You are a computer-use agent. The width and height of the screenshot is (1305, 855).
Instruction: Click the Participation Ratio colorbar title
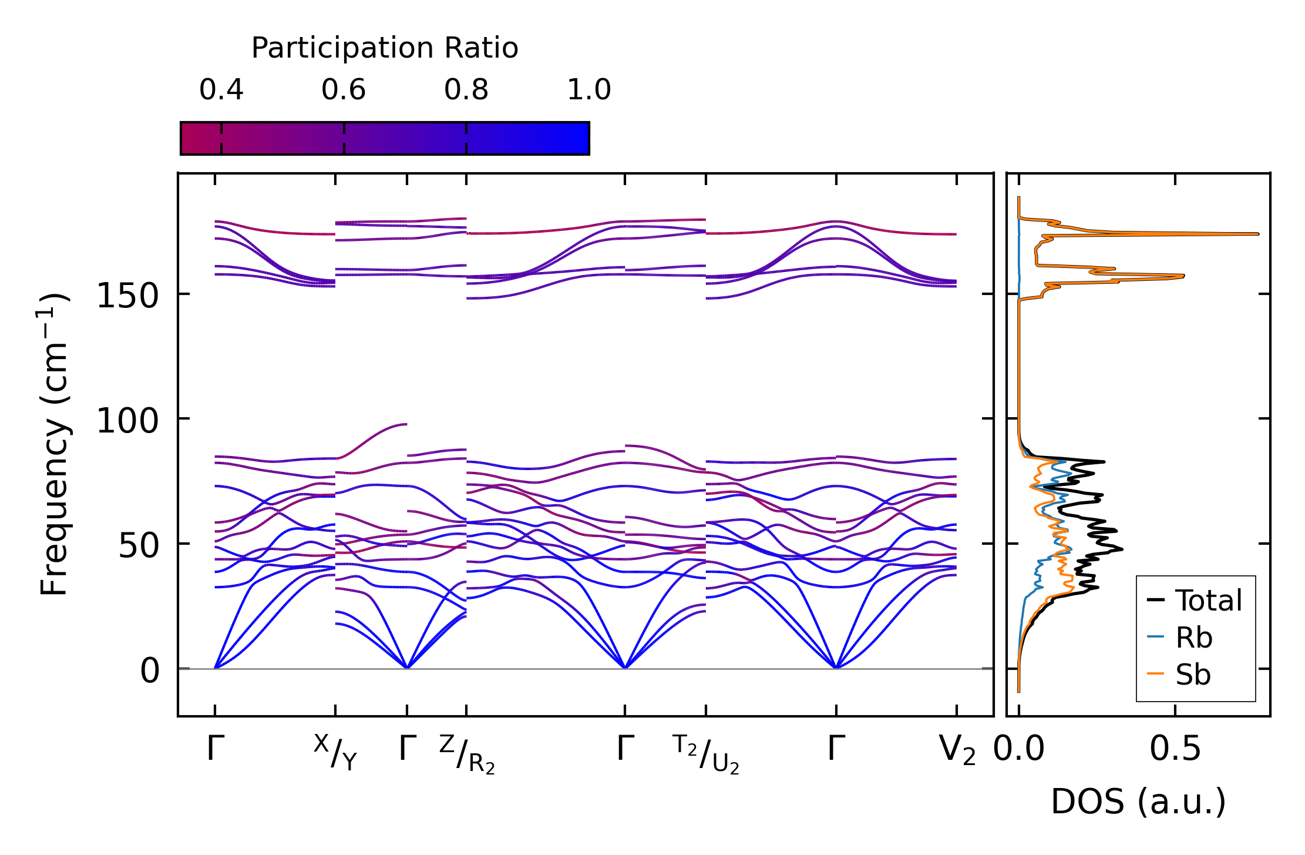(x=385, y=48)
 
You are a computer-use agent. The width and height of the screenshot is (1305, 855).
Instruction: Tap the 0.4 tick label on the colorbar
(x=221, y=90)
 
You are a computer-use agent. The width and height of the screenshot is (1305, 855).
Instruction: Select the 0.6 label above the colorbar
(x=344, y=90)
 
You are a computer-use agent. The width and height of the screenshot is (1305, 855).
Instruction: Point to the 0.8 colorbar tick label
(x=466, y=90)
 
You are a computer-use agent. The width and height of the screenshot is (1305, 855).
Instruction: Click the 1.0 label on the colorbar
(x=589, y=90)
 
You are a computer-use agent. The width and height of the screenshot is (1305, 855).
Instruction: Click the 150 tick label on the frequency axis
(x=127, y=296)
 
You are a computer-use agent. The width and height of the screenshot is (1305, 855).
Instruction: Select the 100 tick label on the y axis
(x=127, y=421)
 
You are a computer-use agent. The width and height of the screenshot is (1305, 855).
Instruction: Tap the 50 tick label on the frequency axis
(x=139, y=546)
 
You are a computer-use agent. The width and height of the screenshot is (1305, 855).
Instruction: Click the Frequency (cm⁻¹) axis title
(x=54, y=444)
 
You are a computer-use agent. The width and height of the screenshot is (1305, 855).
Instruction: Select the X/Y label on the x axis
(x=335, y=752)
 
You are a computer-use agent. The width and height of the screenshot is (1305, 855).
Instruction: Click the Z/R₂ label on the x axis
(x=467, y=754)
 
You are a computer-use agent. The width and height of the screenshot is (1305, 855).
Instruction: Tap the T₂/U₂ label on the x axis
(x=705, y=754)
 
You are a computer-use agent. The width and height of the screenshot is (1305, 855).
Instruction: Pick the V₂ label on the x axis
(x=957, y=750)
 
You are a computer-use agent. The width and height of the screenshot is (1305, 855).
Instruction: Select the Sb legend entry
(x=1193, y=674)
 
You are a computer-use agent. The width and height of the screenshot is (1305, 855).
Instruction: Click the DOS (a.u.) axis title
(x=1138, y=802)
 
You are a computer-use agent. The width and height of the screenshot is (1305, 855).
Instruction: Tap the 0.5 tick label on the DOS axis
(x=1175, y=749)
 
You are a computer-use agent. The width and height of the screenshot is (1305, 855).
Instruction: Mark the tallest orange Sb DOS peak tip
(x=1257, y=234)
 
